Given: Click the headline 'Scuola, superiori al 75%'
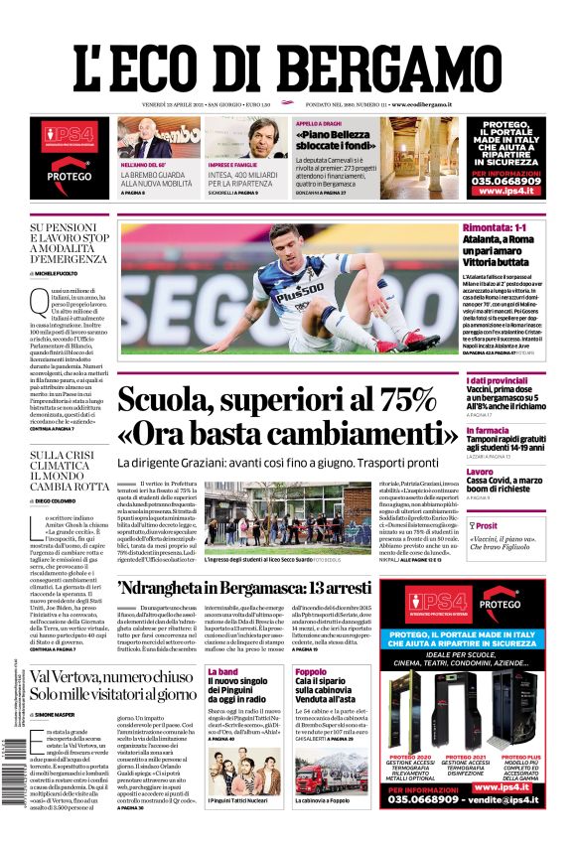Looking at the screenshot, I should pos(276,400).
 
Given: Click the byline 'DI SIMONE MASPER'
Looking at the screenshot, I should pos(61,715).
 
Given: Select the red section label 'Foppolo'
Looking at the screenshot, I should pos(311,672).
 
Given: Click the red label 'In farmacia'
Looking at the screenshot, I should pos(490,430).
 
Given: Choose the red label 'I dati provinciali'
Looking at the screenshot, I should pos(503,381).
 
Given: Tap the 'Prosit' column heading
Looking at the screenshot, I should pos(486,526).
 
